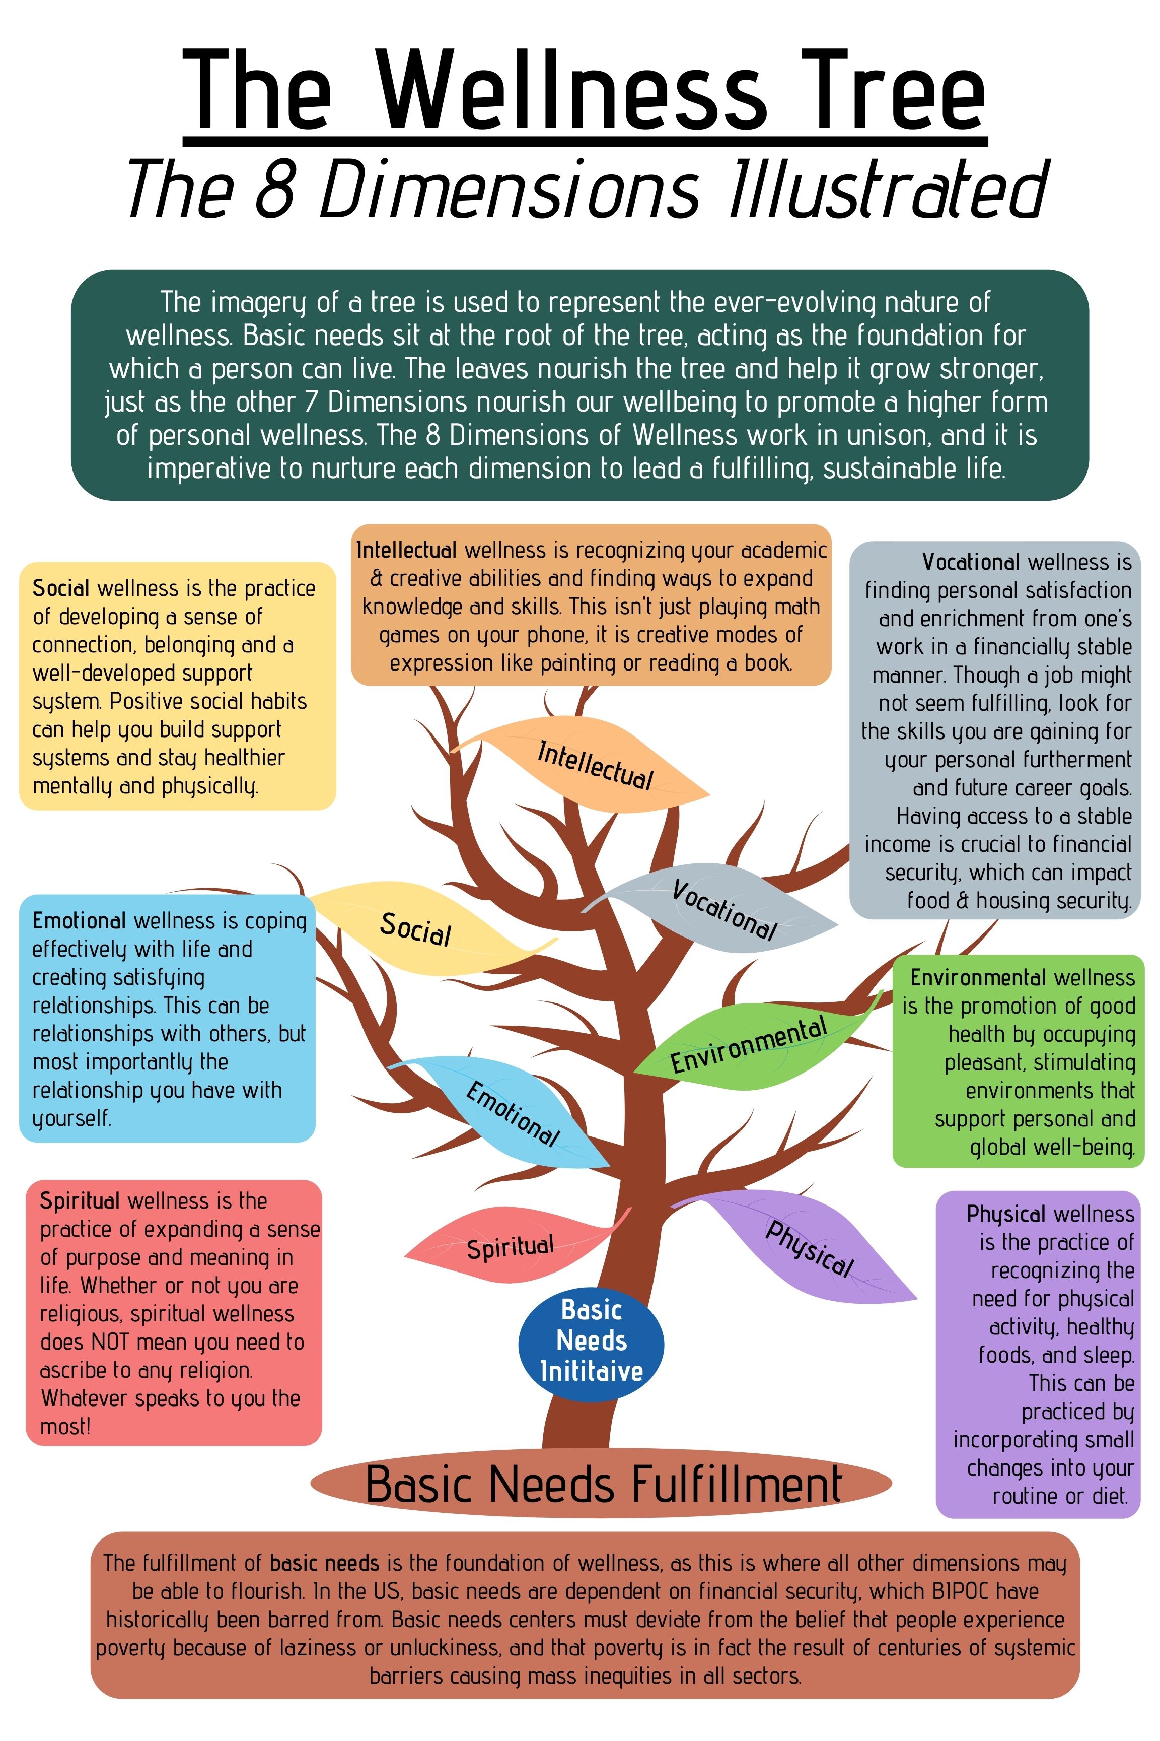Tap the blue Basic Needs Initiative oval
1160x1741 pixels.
tap(591, 1342)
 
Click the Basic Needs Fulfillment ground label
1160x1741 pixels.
tap(603, 1484)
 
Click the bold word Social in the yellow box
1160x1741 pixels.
tap(60, 588)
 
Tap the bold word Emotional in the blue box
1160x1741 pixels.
tap(79, 921)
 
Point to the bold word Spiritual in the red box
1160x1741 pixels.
tap(79, 1200)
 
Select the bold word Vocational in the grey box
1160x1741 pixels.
tap(971, 563)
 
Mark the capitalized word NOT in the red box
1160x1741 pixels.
tap(112, 1342)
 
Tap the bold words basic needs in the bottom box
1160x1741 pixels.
tap(324, 1563)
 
